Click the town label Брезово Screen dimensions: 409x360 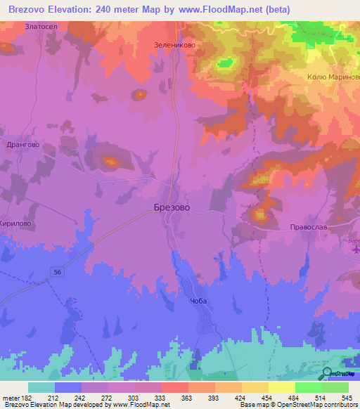(171, 208)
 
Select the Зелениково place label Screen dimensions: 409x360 (174, 44)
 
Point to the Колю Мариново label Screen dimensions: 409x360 (333, 76)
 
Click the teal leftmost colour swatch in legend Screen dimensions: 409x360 (41, 387)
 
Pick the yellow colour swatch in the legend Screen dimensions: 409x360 (281, 387)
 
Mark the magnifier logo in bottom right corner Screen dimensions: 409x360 (327, 374)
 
